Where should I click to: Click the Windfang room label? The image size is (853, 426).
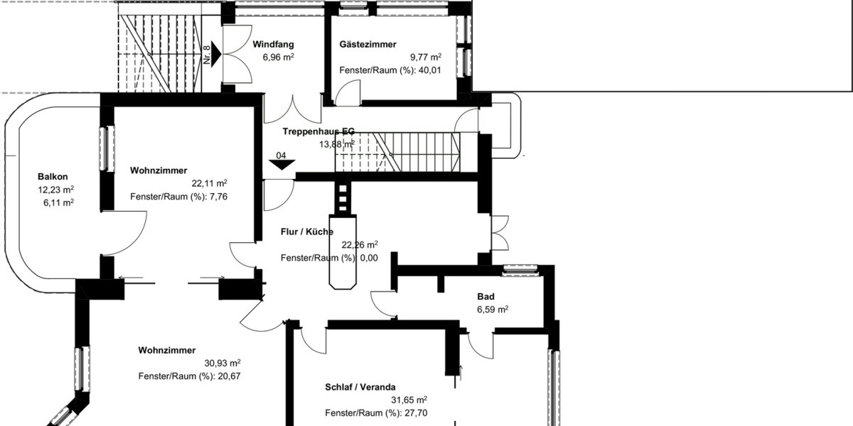click(274, 44)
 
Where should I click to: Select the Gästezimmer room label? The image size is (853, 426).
click(368, 44)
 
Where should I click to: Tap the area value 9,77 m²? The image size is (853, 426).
click(425, 58)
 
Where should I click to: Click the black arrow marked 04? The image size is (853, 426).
click(281, 164)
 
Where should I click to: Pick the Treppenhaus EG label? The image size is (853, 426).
click(318, 131)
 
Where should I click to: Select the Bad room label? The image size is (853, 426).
click(485, 296)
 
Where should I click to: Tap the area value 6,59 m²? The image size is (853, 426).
click(492, 310)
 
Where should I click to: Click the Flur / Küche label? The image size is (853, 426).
click(306, 231)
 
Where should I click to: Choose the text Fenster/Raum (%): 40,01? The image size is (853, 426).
click(390, 70)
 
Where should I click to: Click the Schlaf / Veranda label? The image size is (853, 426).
click(360, 387)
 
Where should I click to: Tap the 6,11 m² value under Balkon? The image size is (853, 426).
click(58, 202)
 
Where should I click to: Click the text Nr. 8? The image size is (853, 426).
click(207, 55)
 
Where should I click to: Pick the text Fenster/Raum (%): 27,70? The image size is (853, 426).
click(376, 413)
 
